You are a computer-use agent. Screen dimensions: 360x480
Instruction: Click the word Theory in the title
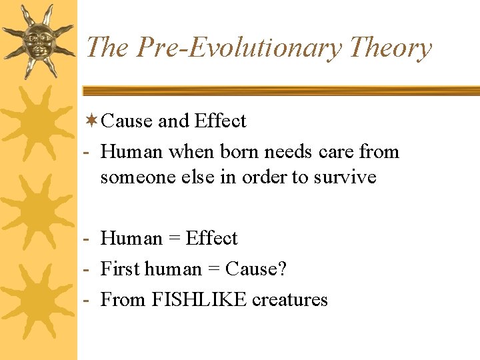click(x=390, y=48)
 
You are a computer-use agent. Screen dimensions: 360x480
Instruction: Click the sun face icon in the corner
click(x=37, y=40)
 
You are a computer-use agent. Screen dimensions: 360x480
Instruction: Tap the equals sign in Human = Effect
click(x=174, y=239)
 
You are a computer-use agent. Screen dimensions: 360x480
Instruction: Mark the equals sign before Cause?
click(x=213, y=269)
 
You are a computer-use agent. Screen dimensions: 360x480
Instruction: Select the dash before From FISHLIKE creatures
click(x=87, y=300)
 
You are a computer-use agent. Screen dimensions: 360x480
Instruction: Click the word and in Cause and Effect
click(x=173, y=121)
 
